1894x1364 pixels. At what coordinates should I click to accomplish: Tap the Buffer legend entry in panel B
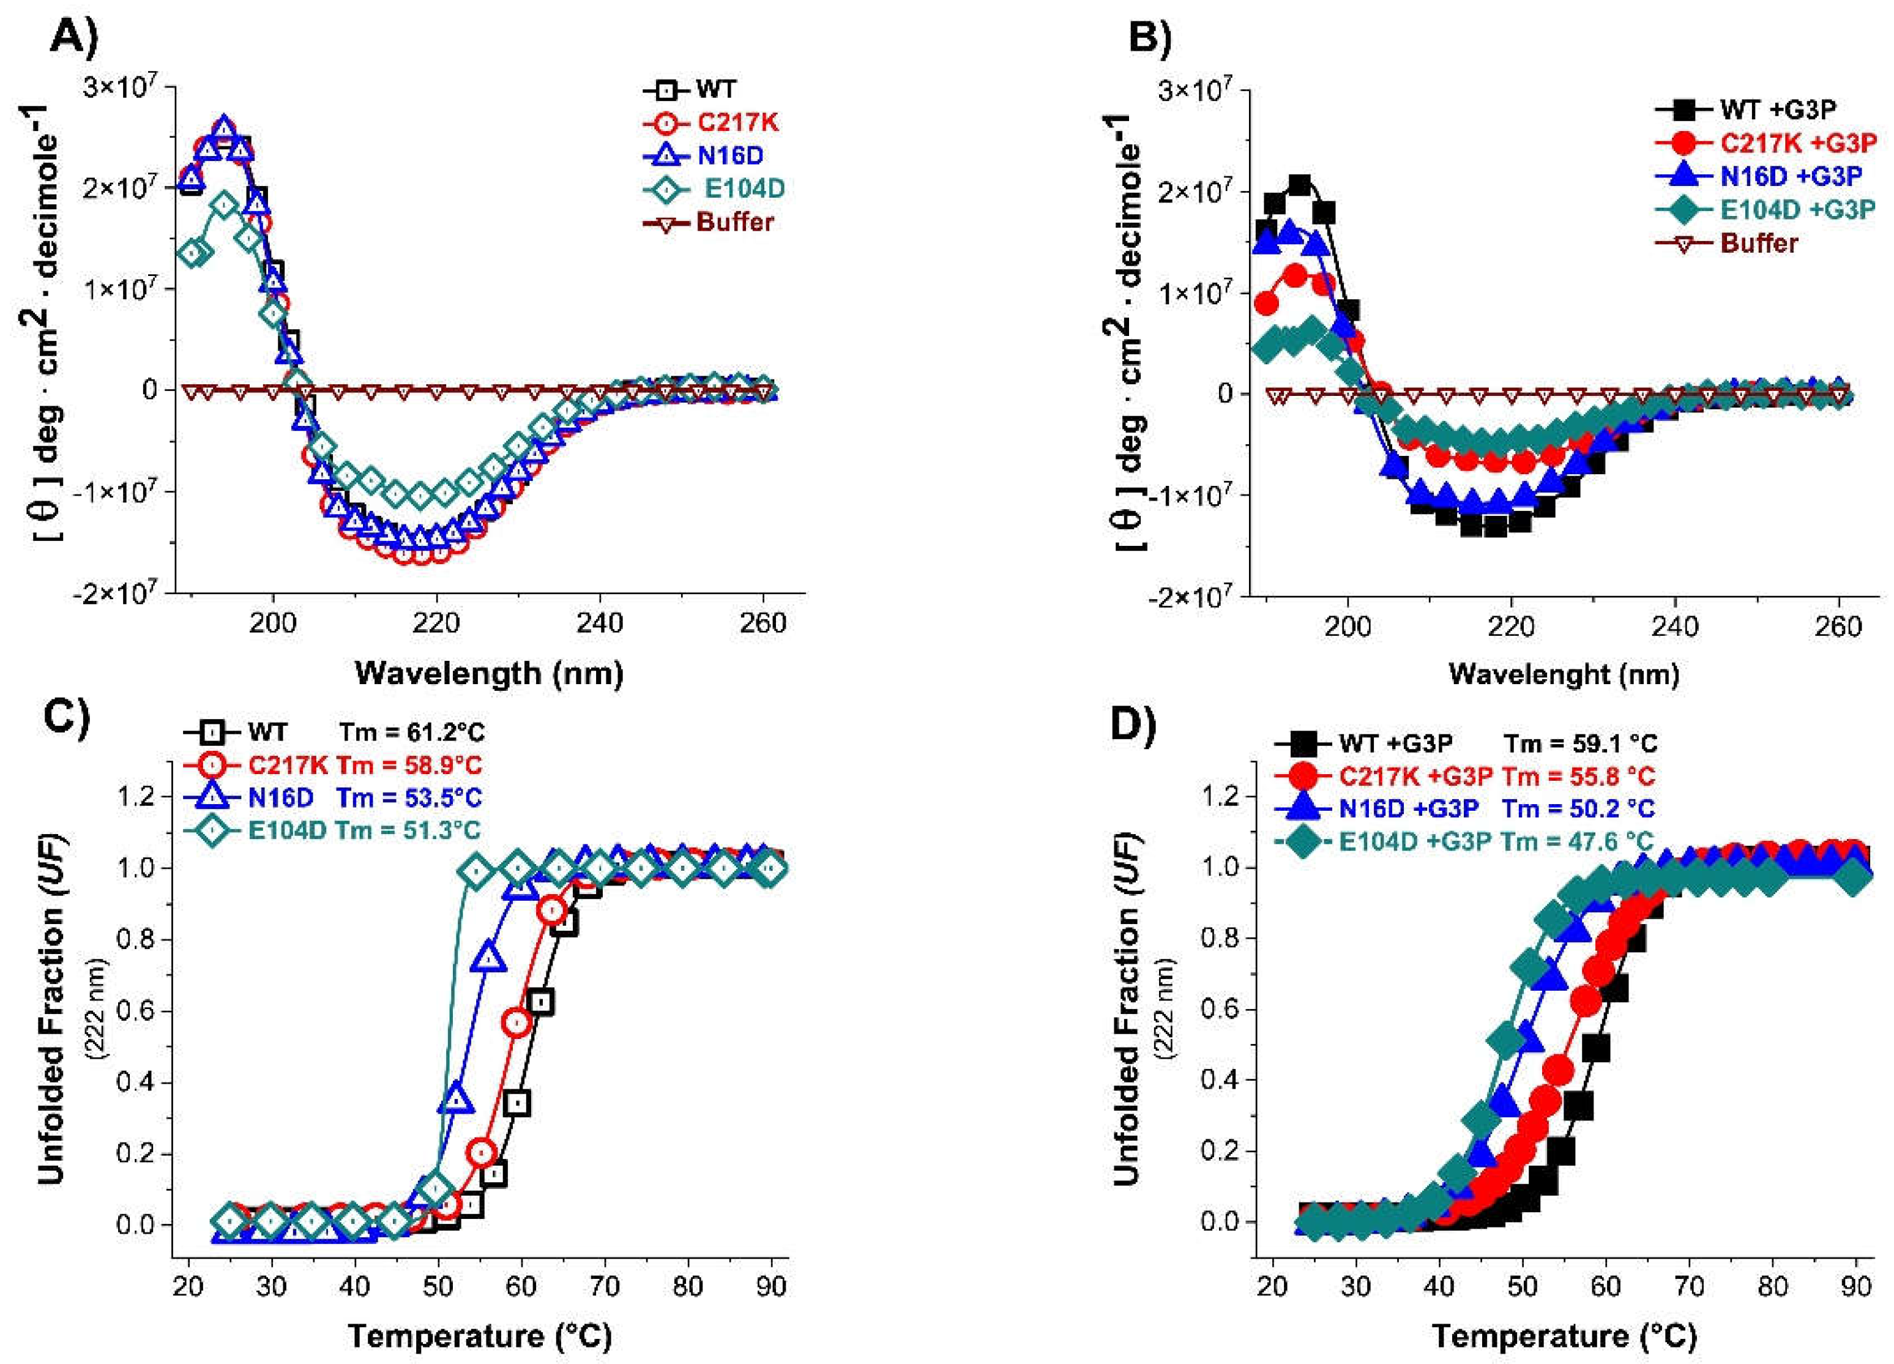[1759, 243]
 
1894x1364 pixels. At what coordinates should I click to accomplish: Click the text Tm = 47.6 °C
[1578, 841]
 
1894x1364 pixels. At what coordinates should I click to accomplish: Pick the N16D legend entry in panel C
[280, 798]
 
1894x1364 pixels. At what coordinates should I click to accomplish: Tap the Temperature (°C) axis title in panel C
[480, 1336]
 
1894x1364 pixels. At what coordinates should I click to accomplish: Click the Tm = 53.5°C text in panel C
[409, 798]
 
